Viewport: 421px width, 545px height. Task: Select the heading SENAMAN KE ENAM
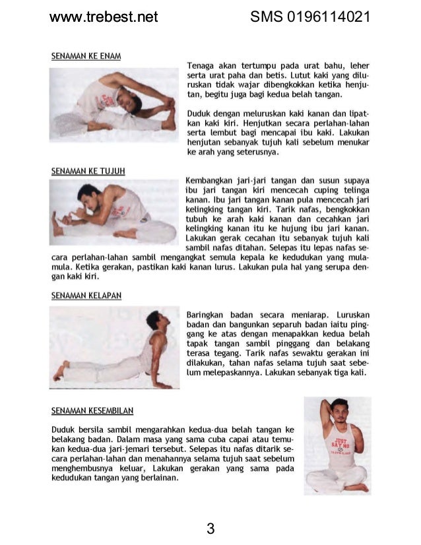point(86,56)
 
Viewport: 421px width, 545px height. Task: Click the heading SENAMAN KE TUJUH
point(88,171)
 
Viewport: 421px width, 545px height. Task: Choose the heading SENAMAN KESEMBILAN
point(92,410)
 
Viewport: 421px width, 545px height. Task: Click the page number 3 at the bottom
point(210,528)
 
